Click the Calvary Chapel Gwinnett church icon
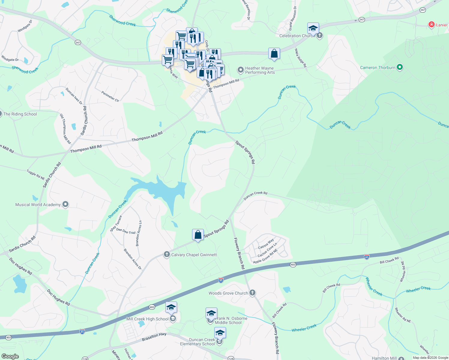click(x=167, y=255)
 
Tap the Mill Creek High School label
click(x=147, y=319)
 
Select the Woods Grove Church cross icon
click(x=252, y=293)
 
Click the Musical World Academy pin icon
click(x=65, y=205)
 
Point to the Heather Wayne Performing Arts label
click(x=260, y=70)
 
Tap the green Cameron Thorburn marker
click(x=399, y=67)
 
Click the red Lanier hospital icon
click(x=432, y=25)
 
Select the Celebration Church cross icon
click(x=320, y=35)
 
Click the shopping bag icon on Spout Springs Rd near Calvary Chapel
click(x=198, y=235)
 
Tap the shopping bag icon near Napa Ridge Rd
click(x=274, y=54)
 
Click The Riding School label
click(x=20, y=114)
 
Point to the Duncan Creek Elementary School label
click(x=197, y=342)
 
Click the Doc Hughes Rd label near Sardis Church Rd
click(x=20, y=266)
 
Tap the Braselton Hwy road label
click(x=154, y=337)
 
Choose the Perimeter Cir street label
click(x=110, y=96)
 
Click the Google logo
click(x=10, y=356)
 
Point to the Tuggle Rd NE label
click(x=36, y=175)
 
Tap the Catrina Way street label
click(x=266, y=244)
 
